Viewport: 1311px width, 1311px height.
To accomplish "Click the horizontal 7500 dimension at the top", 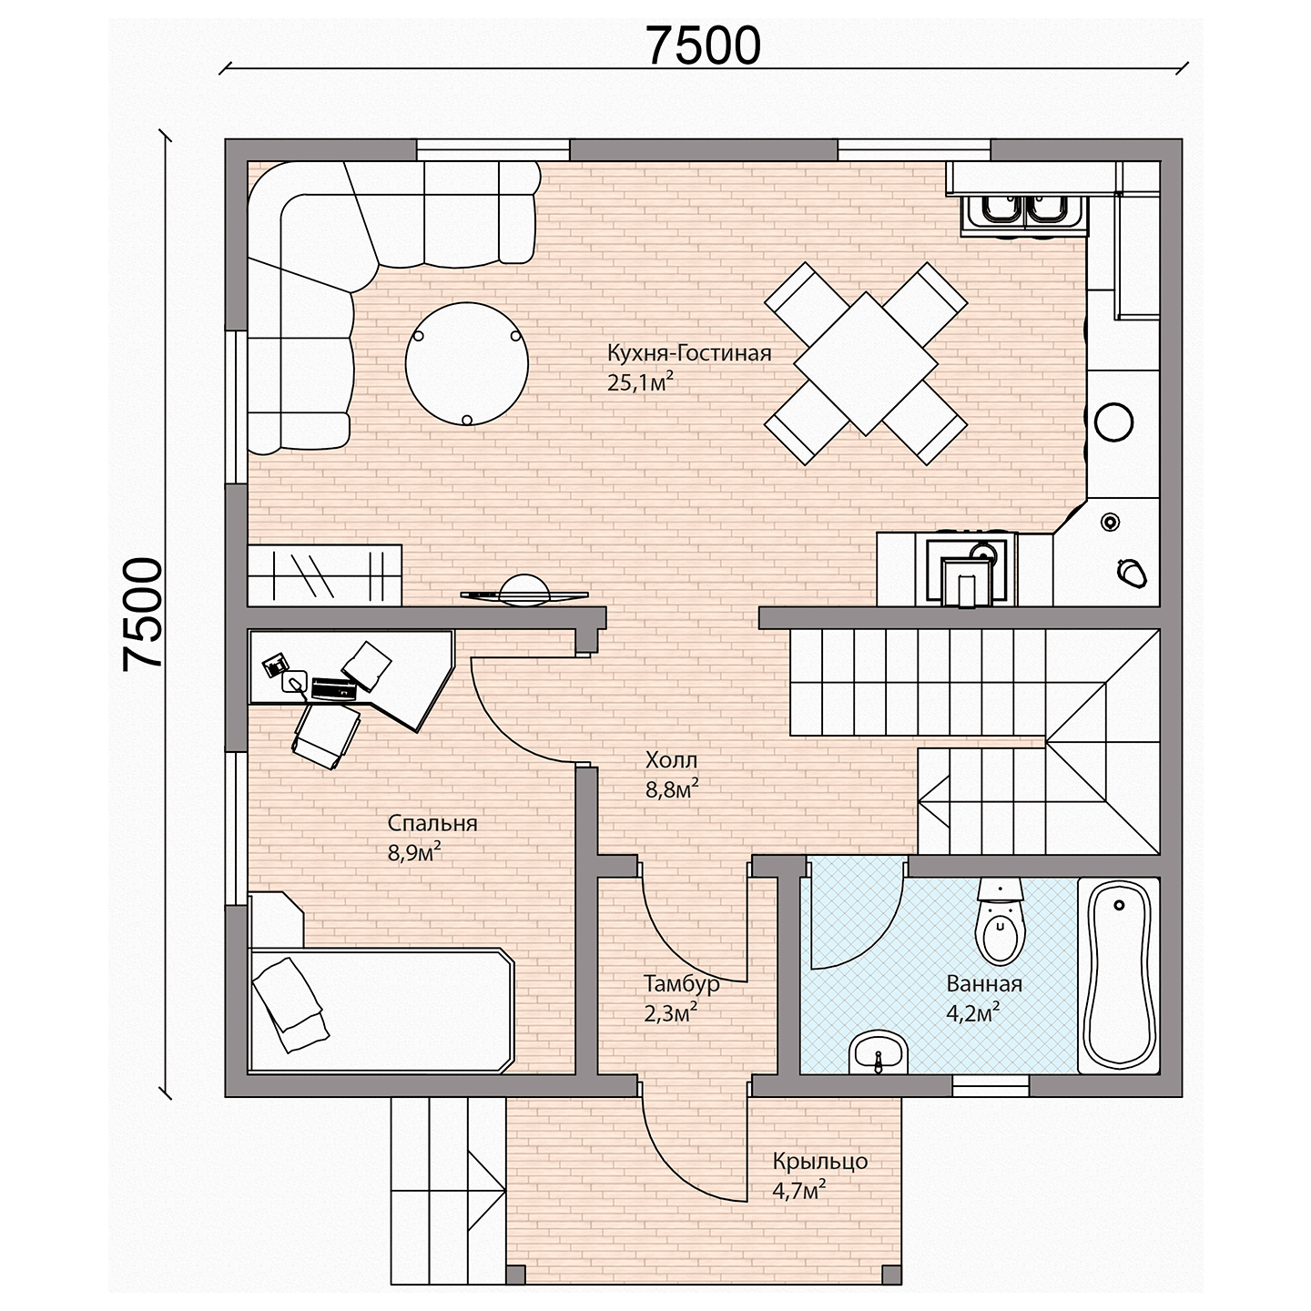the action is click(703, 46).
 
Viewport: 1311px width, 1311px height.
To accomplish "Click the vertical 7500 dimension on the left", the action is click(143, 614).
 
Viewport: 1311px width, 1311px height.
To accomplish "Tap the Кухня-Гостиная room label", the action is click(688, 354).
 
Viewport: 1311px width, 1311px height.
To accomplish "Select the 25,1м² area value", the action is click(639, 382).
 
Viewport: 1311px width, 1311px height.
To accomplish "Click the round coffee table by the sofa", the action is click(467, 364).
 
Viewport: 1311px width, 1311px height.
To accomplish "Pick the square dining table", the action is click(866, 363).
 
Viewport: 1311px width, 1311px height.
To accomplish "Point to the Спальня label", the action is click(432, 823).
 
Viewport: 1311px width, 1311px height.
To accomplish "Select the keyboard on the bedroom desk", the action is click(334, 689).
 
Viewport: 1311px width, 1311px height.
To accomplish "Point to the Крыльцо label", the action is click(820, 1162).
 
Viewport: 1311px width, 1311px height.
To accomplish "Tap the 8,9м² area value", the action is click(414, 852).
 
